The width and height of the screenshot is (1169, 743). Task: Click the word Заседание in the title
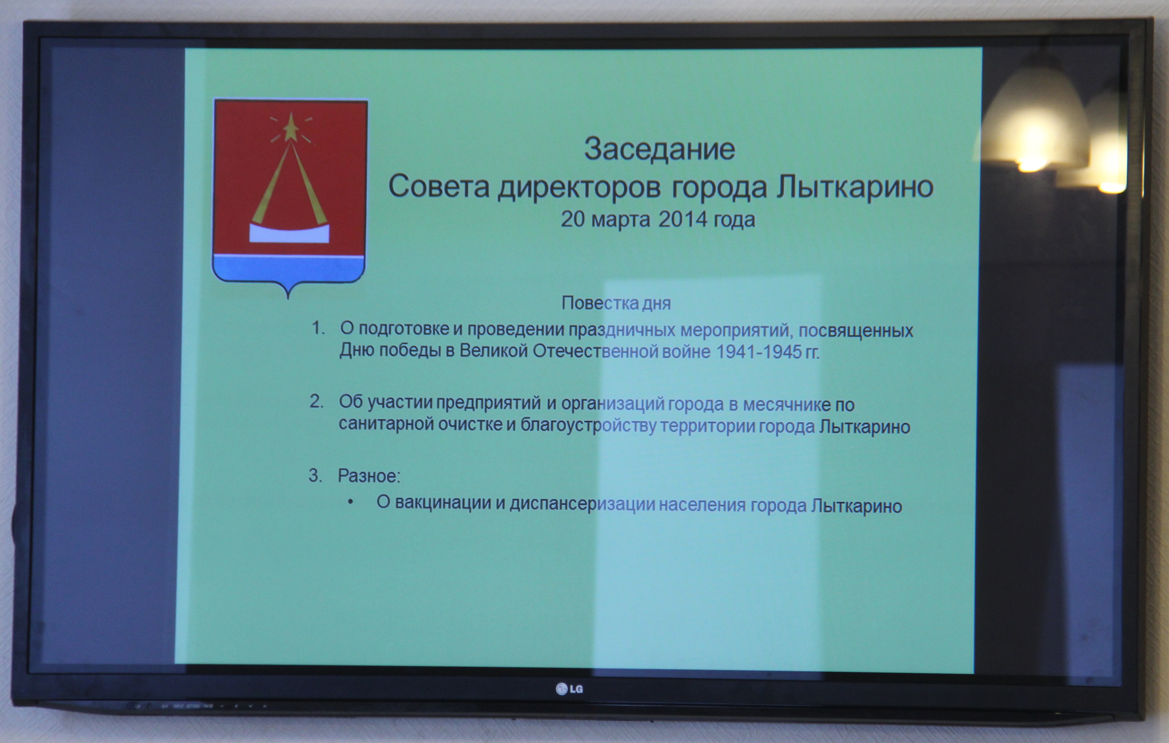(659, 149)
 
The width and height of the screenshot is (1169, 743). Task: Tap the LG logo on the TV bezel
(569, 689)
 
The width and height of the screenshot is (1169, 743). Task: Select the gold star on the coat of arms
(291, 127)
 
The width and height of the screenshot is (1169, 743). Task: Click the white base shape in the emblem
(289, 233)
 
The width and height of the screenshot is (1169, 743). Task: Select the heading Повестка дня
(616, 303)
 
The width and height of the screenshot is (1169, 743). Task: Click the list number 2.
(317, 402)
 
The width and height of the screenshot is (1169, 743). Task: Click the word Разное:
(369, 476)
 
